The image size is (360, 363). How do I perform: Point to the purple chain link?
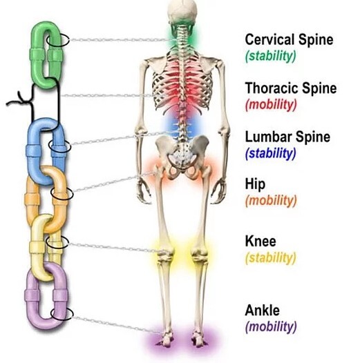coord(31,296)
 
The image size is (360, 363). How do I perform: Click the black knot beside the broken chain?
coord(22,100)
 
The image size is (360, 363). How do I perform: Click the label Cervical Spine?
coord(289,40)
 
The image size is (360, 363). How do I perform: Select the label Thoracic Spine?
coord(291,88)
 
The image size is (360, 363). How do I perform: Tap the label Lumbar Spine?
coord(287,137)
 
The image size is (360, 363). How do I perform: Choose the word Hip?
coord(255,185)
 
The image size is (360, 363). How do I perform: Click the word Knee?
coord(260,241)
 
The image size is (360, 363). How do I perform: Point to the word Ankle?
coord(262,310)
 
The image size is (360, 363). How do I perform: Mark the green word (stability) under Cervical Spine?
coord(271,57)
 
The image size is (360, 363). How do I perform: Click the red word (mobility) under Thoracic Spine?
coord(271,105)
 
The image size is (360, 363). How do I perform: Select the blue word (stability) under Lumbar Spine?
coord(271,153)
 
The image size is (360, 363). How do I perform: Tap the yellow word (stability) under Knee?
coord(271,258)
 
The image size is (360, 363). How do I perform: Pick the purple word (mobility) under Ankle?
coord(271,326)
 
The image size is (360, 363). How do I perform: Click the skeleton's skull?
coord(182,11)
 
